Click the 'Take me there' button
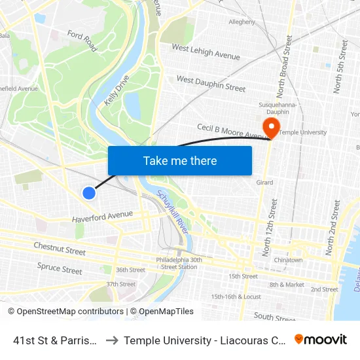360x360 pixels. (x=180, y=160)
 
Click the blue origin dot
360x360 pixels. (x=89, y=192)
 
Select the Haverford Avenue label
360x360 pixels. (x=102, y=215)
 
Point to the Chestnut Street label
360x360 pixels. (x=60, y=248)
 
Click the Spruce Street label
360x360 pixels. (x=60, y=268)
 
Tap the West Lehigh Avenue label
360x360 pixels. (x=206, y=52)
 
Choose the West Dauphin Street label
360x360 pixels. (x=211, y=83)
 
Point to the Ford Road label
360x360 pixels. (x=82, y=41)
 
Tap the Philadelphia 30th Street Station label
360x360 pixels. (x=179, y=262)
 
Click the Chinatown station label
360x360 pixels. (x=288, y=260)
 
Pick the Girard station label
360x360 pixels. (x=264, y=183)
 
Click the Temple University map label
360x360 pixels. (x=303, y=132)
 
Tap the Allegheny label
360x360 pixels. (x=242, y=22)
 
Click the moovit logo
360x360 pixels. (x=321, y=339)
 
